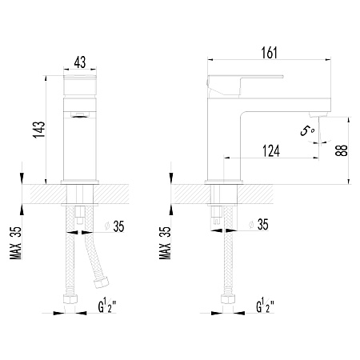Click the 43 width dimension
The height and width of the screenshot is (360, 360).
(80, 62)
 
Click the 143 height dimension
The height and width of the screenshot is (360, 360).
(39, 130)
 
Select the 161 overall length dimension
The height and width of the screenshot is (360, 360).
(270, 53)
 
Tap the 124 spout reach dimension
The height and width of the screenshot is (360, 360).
(271, 151)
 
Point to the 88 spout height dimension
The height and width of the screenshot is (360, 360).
(342, 150)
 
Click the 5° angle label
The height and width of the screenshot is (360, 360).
(307, 130)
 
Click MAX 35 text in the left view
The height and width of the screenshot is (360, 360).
(15, 243)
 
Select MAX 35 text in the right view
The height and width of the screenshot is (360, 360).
(165, 243)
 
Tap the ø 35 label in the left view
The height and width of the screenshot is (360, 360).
(115, 226)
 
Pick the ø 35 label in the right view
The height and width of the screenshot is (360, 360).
(258, 224)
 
